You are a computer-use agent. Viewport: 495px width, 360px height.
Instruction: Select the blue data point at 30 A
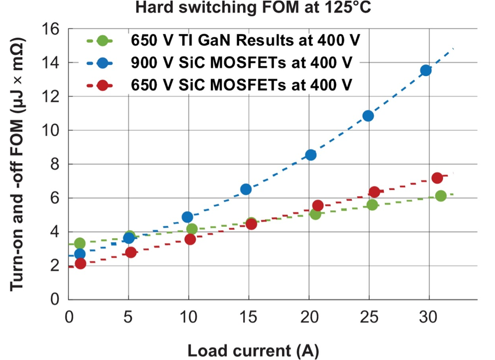[x=426, y=70]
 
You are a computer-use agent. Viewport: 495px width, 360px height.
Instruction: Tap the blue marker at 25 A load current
[x=368, y=116]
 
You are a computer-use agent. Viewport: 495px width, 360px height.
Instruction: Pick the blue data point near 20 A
[x=311, y=155]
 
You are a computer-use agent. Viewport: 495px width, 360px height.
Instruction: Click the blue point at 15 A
[x=246, y=189]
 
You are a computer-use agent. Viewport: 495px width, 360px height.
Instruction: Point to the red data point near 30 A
[x=437, y=178]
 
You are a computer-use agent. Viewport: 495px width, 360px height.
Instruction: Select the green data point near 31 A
[x=441, y=196]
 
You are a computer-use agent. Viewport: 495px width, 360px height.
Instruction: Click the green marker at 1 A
[x=80, y=243]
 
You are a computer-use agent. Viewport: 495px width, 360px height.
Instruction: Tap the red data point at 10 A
[x=190, y=239]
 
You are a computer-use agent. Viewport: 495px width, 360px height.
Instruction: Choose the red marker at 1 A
[x=80, y=263]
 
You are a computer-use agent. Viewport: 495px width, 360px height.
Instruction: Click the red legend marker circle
[x=103, y=85]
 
